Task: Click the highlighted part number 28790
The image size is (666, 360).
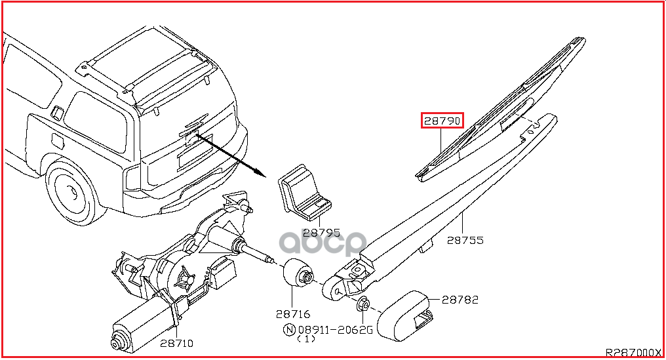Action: (x=442, y=121)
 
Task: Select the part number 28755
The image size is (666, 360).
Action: (x=465, y=240)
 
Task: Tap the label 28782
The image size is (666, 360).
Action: (x=460, y=300)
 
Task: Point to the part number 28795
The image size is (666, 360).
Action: (x=322, y=233)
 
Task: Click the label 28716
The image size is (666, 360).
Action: (x=293, y=314)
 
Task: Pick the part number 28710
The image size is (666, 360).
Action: (x=177, y=343)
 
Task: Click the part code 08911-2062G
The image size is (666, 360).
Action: (x=335, y=329)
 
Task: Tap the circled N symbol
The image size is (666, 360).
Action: (x=289, y=329)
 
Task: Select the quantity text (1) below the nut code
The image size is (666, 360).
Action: (x=306, y=339)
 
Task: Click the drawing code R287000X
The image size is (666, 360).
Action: (x=633, y=352)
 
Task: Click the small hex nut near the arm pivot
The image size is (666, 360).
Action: (x=364, y=304)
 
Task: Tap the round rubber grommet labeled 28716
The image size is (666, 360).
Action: (x=298, y=273)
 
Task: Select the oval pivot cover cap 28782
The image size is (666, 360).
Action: (x=406, y=315)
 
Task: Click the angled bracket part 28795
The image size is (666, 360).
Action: (x=304, y=193)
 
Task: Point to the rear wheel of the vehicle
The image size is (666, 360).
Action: (x=72, y=192)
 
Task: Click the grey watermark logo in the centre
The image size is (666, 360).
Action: (x=323, y=243)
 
